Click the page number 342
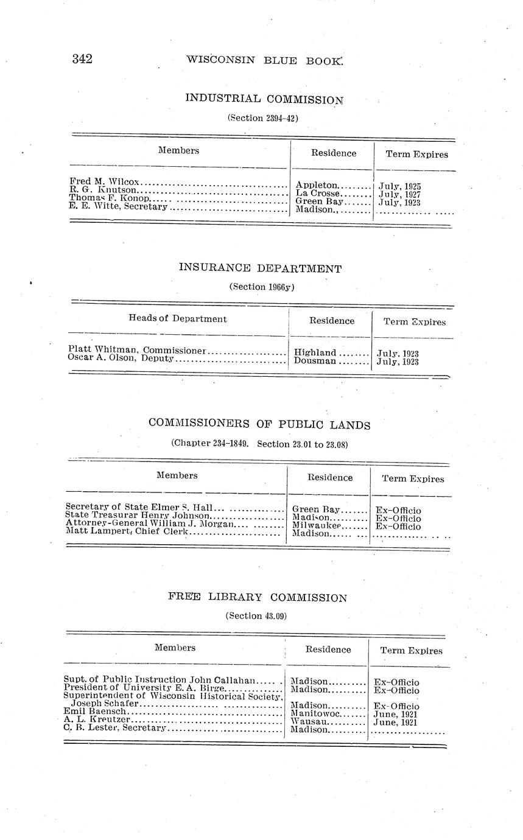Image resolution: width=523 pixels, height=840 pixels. tap(82, 59)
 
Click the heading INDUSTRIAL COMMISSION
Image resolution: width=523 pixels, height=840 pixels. tap(264, 99)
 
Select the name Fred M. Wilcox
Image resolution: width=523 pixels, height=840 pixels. tap(105, 182)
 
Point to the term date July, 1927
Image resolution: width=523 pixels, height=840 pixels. tap(399, 195)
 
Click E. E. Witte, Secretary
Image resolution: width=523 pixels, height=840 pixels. tap(118, 207)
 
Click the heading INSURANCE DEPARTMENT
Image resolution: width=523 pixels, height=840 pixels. tap(261, 268)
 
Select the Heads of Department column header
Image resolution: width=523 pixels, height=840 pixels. tap(178, 318)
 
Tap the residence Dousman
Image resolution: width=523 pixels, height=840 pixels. tap(315, 361)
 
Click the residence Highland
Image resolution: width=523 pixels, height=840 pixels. tap(315, 352)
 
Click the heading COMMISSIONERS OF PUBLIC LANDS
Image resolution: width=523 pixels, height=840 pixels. tap(259, 424)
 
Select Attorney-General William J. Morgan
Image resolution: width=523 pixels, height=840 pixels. tap(149, 523)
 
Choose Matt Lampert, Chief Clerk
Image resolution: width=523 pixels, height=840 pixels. tap(127, 531)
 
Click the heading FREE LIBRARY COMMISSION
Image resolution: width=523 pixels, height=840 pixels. tap(258, 597)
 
